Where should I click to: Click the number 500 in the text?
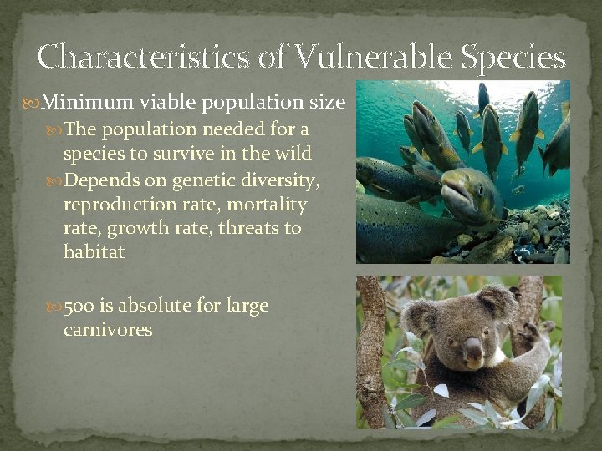pyautogui.click(x=79, y=306)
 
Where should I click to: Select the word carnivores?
pyautogui.click(x=108, y=330)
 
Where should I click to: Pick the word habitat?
pyautogui.click(x=94, y=251)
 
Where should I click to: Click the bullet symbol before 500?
pyautogui.click(x=55, y=307)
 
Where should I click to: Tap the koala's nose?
pyautogui.click(x=472, y=349)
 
